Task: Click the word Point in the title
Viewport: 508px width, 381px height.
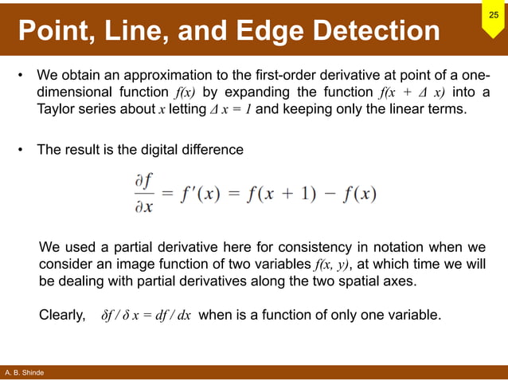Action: coord(57,31)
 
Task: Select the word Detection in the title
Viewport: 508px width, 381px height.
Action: coord(373,31)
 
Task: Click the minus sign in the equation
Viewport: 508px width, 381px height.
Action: coord(328,194)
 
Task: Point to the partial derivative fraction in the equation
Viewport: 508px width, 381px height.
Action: coord(144,194)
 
